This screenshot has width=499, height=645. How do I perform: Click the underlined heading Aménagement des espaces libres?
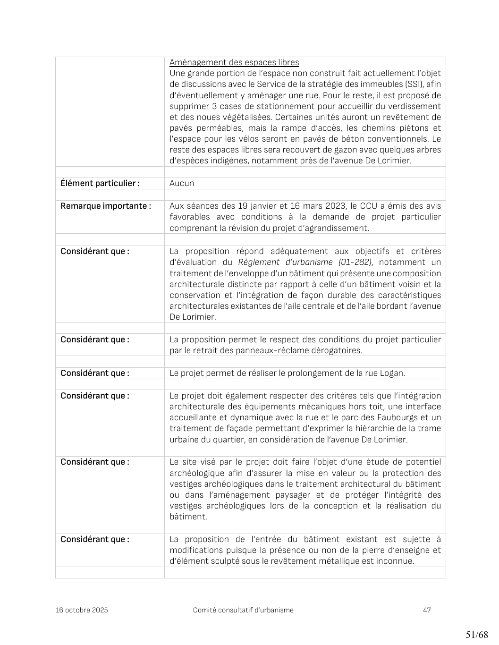pos(234,62)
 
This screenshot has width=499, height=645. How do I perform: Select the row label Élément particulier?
pos(100,183)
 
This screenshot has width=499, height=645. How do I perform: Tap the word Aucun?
pos(182,183)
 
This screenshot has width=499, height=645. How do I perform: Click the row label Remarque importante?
pos(105,206)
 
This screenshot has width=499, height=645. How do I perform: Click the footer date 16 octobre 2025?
pos(82,610)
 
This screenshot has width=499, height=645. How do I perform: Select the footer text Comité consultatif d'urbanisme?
pos(243,610)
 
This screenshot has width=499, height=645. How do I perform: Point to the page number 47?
pos(427,610)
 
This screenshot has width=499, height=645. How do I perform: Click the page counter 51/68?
pos(476,635)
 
